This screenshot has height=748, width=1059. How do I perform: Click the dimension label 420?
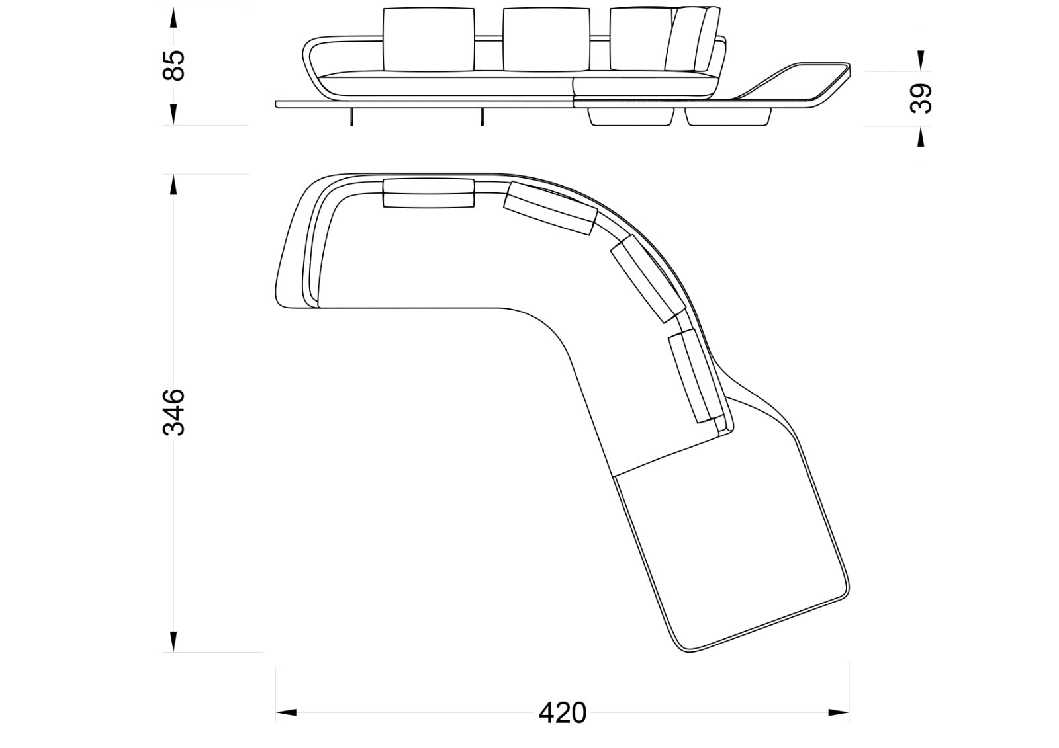point(562,713)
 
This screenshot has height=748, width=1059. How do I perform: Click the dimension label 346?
point(174,412)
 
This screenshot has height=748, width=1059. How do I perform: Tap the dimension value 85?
point(174,65)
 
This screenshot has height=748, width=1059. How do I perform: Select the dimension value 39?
point(921,98)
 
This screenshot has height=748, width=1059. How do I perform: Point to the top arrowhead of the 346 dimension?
point(173,184)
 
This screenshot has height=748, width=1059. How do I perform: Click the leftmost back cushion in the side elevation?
point(429,40)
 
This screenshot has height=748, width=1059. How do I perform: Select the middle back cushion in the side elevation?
point(547,40)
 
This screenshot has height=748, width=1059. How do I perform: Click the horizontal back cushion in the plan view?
point(429,193)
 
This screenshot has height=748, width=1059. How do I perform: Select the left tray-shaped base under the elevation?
point(631,116)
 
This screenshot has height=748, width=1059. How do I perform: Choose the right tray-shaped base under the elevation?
point(728,116)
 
